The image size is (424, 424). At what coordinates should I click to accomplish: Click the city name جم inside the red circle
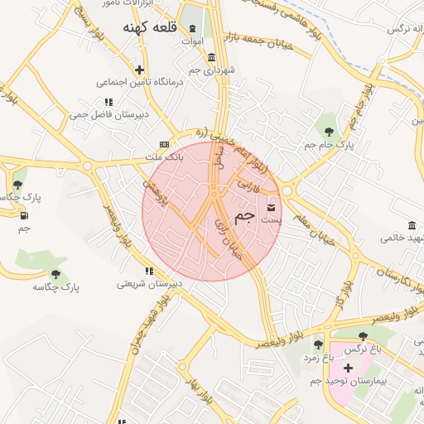click(245, 216)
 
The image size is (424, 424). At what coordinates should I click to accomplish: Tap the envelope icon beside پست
click(272, 207)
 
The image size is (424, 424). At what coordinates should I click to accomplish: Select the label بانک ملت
click(163, 157)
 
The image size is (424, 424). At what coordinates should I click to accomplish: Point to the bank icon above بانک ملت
click(163, 144)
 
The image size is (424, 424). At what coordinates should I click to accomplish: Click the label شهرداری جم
click(212, 70)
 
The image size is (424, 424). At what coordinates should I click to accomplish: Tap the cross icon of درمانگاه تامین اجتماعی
click(140, 70)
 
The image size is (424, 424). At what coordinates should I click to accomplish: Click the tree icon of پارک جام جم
click(329, 131)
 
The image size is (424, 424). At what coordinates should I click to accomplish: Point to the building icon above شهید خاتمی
click(412, 225)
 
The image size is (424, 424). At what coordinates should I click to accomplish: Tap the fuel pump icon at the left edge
click(23, 215)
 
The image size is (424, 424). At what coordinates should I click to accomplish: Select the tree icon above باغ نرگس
click(364, 336)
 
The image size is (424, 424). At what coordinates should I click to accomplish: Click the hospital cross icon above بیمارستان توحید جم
click(348, 368)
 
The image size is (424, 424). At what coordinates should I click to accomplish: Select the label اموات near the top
click(191, 41)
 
